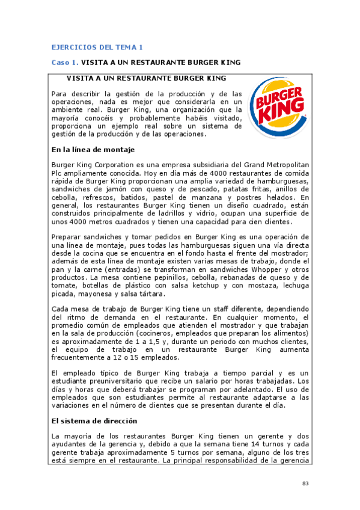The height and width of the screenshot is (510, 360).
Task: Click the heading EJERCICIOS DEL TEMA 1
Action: coord(97,47)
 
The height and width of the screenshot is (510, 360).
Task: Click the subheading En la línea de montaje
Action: coord(93,149)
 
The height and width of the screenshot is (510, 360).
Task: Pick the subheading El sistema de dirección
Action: coord(94,421)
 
